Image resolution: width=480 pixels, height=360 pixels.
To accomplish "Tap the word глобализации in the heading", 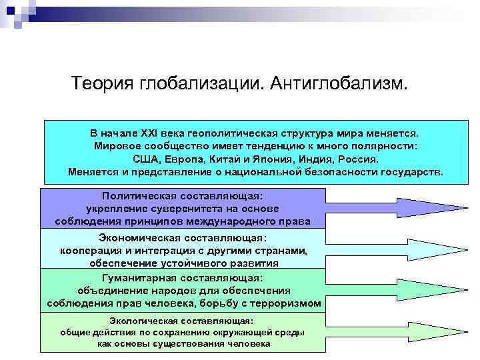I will click(201, 85).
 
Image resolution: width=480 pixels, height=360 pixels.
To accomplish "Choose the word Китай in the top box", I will click(226, 159).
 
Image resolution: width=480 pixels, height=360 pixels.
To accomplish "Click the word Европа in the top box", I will click(186, 159).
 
